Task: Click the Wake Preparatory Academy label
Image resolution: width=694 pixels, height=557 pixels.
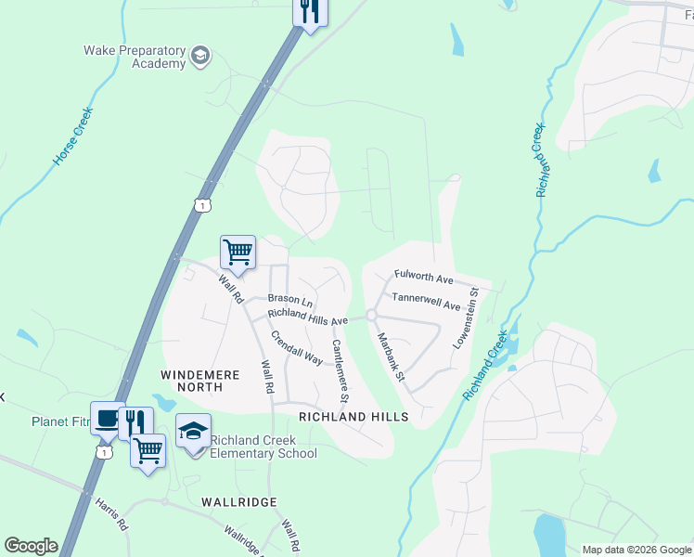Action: [135, 57]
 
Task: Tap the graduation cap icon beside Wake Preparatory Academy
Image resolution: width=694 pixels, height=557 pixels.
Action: [199, 58]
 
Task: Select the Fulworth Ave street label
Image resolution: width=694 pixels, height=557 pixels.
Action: [423, 277]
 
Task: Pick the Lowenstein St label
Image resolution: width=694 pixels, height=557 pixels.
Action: [466, 317]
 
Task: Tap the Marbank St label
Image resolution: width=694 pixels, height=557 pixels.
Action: [391, 356]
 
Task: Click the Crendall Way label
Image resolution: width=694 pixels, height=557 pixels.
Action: [295, 346]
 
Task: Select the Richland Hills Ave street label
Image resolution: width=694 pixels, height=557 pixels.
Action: [307, 317]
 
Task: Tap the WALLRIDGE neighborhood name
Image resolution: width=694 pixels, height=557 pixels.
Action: [239, 501]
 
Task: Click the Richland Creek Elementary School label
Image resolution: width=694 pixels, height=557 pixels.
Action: [263, 447]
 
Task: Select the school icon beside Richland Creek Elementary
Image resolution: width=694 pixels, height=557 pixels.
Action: [193, 433]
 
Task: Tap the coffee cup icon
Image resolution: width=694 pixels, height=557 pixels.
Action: [106, 419]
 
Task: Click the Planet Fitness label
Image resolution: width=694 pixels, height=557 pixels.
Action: [59, 421]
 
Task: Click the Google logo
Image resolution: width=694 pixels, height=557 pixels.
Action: [31, 546]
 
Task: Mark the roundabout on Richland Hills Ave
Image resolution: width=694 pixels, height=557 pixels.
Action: [370, 316]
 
